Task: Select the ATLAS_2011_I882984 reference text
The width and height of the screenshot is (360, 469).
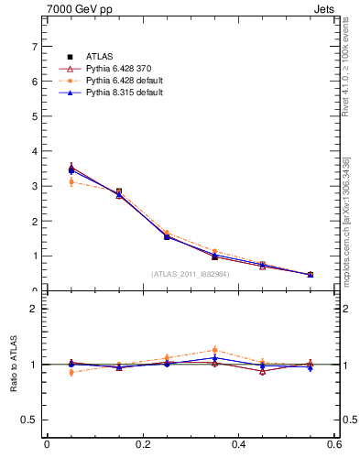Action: (x=191, y=274)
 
